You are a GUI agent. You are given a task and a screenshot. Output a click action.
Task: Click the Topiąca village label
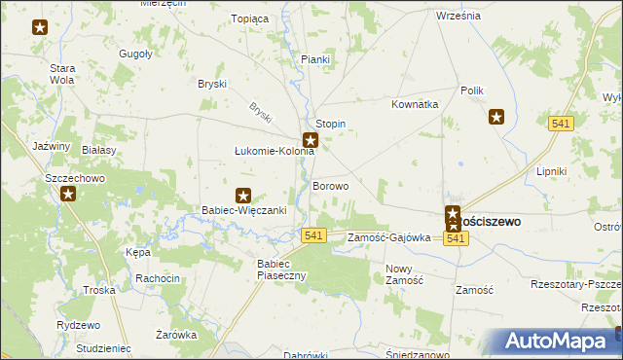pyautogui.click(x=248, y=18)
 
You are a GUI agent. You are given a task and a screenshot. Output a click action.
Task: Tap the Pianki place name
pyautogui.click(x=315, y=59)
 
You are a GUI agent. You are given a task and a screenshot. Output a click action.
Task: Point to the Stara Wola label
pyautogui.click(x=62, y=74)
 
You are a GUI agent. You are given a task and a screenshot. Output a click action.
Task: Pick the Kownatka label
pyautogui.click(x=416, y=104)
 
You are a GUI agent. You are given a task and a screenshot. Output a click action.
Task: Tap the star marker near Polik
pyautogui.click(x=495, y=118)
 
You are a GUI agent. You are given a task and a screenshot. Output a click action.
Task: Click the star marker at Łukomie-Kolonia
pyautogui.click(x=311, y=140)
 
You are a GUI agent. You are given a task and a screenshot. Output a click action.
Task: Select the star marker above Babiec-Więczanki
pyautogui.click(x=243, y=196)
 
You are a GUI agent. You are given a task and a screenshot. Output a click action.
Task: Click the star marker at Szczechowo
pyautogui.click(x=67, y=193)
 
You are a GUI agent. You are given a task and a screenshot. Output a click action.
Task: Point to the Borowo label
pyautogui.click(x=330, y=186)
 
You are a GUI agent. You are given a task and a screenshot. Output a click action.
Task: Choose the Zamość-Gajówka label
pyautogui.click(x=388, y=237)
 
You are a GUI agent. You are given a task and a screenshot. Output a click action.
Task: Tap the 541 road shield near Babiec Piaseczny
pyautogui.click(x=313, y=235)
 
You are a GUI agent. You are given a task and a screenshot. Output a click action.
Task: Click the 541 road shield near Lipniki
pyautogui.click(x=561, y=124)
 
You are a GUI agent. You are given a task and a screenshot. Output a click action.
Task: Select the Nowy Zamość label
pyautogui.click(x=404, y=274)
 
